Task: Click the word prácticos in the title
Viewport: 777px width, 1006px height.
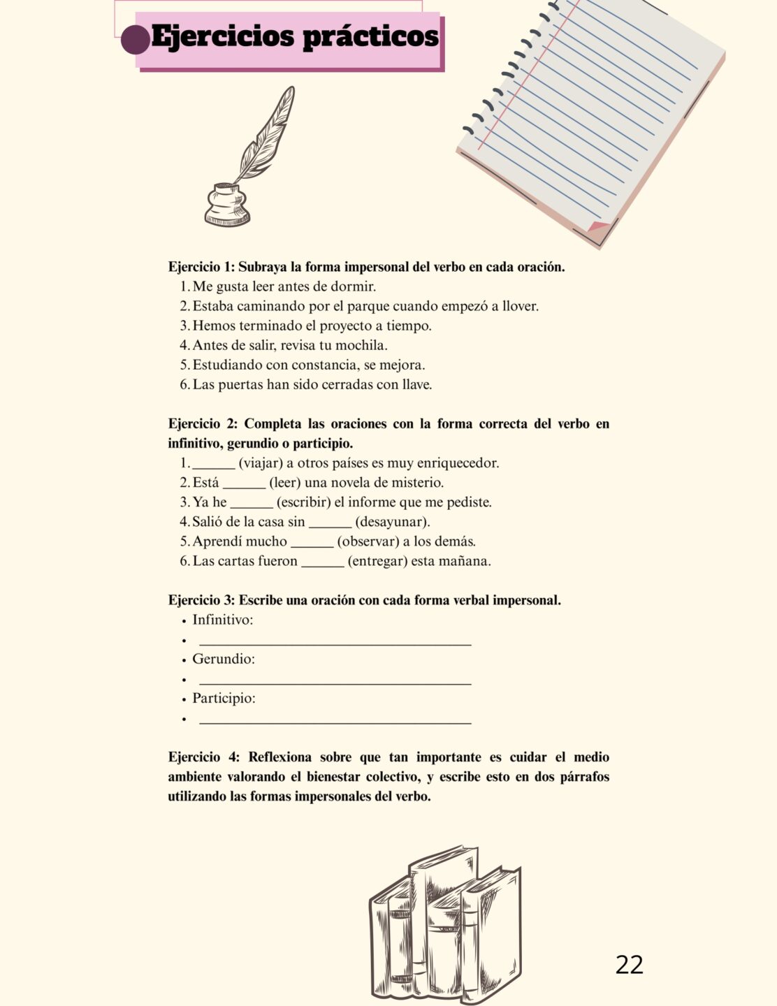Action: coord(370,37)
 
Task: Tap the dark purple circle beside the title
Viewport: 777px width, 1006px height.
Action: coord(135,39)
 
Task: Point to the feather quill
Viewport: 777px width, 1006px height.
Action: coord(266,133)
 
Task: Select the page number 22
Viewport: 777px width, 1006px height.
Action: coord(629,965)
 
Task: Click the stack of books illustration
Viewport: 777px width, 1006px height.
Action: coord(446,922)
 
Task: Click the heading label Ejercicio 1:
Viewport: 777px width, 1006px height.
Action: coord(201,267)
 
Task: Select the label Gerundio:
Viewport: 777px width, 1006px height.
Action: coord(224,659)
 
